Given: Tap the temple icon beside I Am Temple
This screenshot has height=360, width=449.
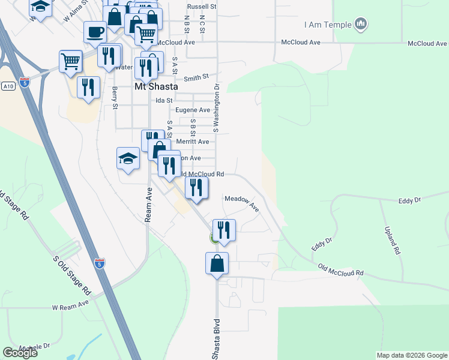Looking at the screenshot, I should (x=361, y=25).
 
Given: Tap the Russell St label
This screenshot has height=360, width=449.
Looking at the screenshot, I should (x=201, y=6).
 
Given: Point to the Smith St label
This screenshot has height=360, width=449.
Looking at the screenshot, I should (x=196, y=78).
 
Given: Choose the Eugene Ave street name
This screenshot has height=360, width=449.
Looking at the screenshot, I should (x=192, y=110).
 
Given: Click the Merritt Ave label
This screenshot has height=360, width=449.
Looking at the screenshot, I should (x=193, y=142).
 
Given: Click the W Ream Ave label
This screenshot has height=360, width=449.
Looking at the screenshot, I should (x=70, y=306).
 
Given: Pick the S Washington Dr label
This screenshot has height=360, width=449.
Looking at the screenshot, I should (x=216, y=109).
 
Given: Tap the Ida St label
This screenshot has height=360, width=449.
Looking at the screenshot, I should (x=164, y=100).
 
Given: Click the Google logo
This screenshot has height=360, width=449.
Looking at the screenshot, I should (x=20, y=353).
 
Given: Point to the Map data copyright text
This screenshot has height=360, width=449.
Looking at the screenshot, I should (x=411, y=355).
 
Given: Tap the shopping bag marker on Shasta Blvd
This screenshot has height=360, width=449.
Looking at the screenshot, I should (x=217, y=263).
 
